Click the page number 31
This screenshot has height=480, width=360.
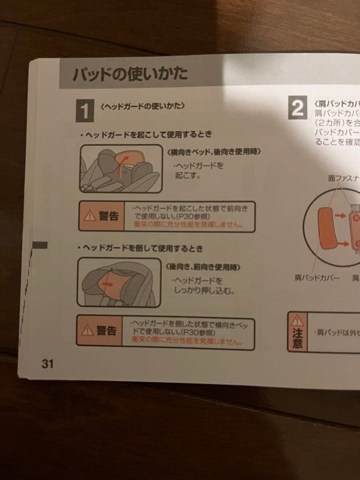coord(48,364)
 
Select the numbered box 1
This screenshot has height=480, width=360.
coord(84,111)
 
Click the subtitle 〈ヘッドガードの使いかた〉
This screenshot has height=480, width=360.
coord(143,107)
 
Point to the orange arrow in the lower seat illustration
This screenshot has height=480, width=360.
coord(107,283)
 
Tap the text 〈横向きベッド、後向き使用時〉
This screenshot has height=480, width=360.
coord(213,152)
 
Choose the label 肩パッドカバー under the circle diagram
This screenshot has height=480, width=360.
coord(316,278)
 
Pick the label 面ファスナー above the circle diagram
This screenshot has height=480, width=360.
coord(343,178)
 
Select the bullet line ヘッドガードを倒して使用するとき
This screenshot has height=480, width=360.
coord(140,248)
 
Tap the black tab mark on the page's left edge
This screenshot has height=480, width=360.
coord(40,245)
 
